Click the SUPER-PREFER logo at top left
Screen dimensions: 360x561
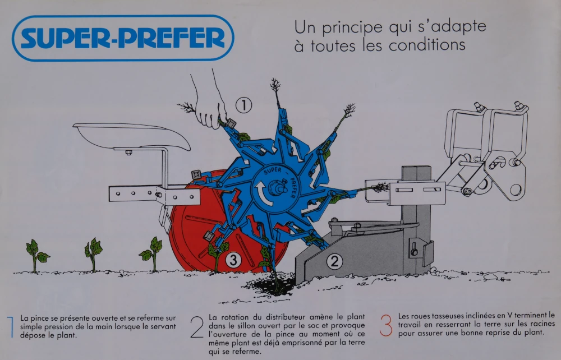[x=122, y=38]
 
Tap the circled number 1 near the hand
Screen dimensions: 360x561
[x=244, y=105]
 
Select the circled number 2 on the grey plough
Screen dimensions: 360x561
[x=335, y=260]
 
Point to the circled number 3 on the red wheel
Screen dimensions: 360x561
[x=233, y=260]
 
